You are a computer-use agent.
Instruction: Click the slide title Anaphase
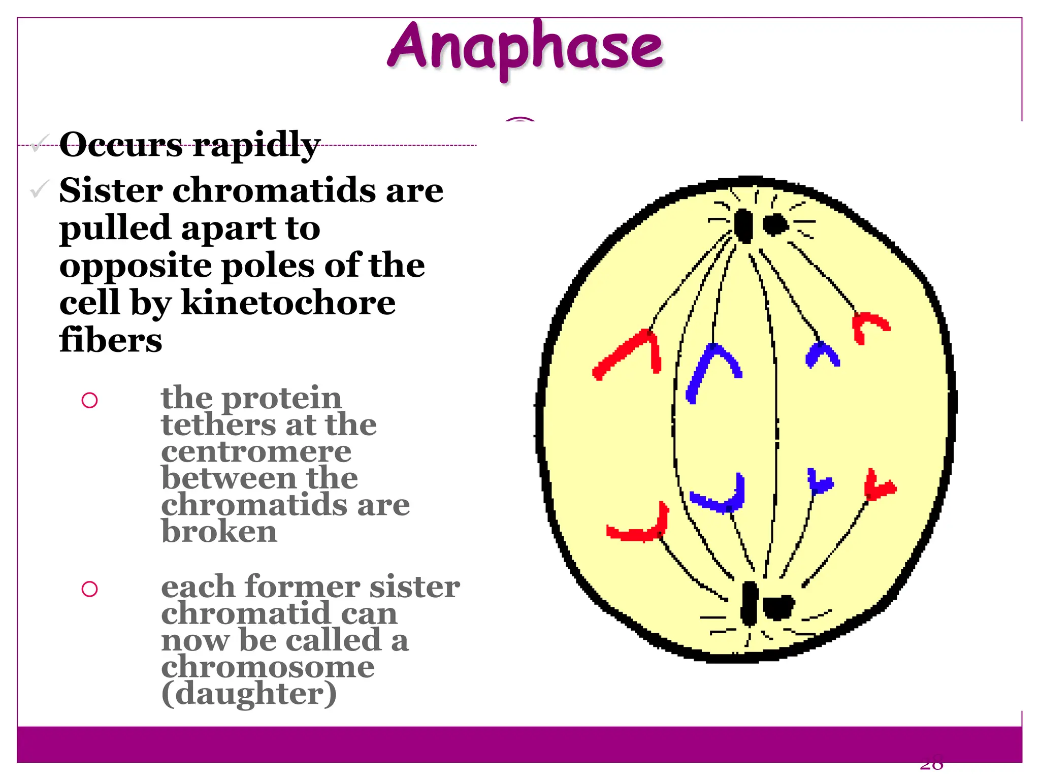coord(525,48)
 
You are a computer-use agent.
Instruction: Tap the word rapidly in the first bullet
coord(256,146)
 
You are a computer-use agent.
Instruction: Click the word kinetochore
coord(288,303)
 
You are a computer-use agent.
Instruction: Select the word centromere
coord(256,452)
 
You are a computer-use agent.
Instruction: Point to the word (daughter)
coord(249,694)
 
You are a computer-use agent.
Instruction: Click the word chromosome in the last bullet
coord(268,667)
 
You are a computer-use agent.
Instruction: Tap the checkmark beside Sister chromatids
coord(39,189)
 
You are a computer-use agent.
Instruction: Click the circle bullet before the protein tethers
coord(89,401)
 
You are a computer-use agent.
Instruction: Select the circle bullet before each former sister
coord(89,589)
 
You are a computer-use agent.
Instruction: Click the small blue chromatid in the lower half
coord(819,482)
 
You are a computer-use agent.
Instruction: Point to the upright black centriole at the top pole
coord(744,225)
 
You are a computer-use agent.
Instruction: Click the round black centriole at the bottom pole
coord(777,607)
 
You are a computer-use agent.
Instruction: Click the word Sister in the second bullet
coord(111,191)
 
